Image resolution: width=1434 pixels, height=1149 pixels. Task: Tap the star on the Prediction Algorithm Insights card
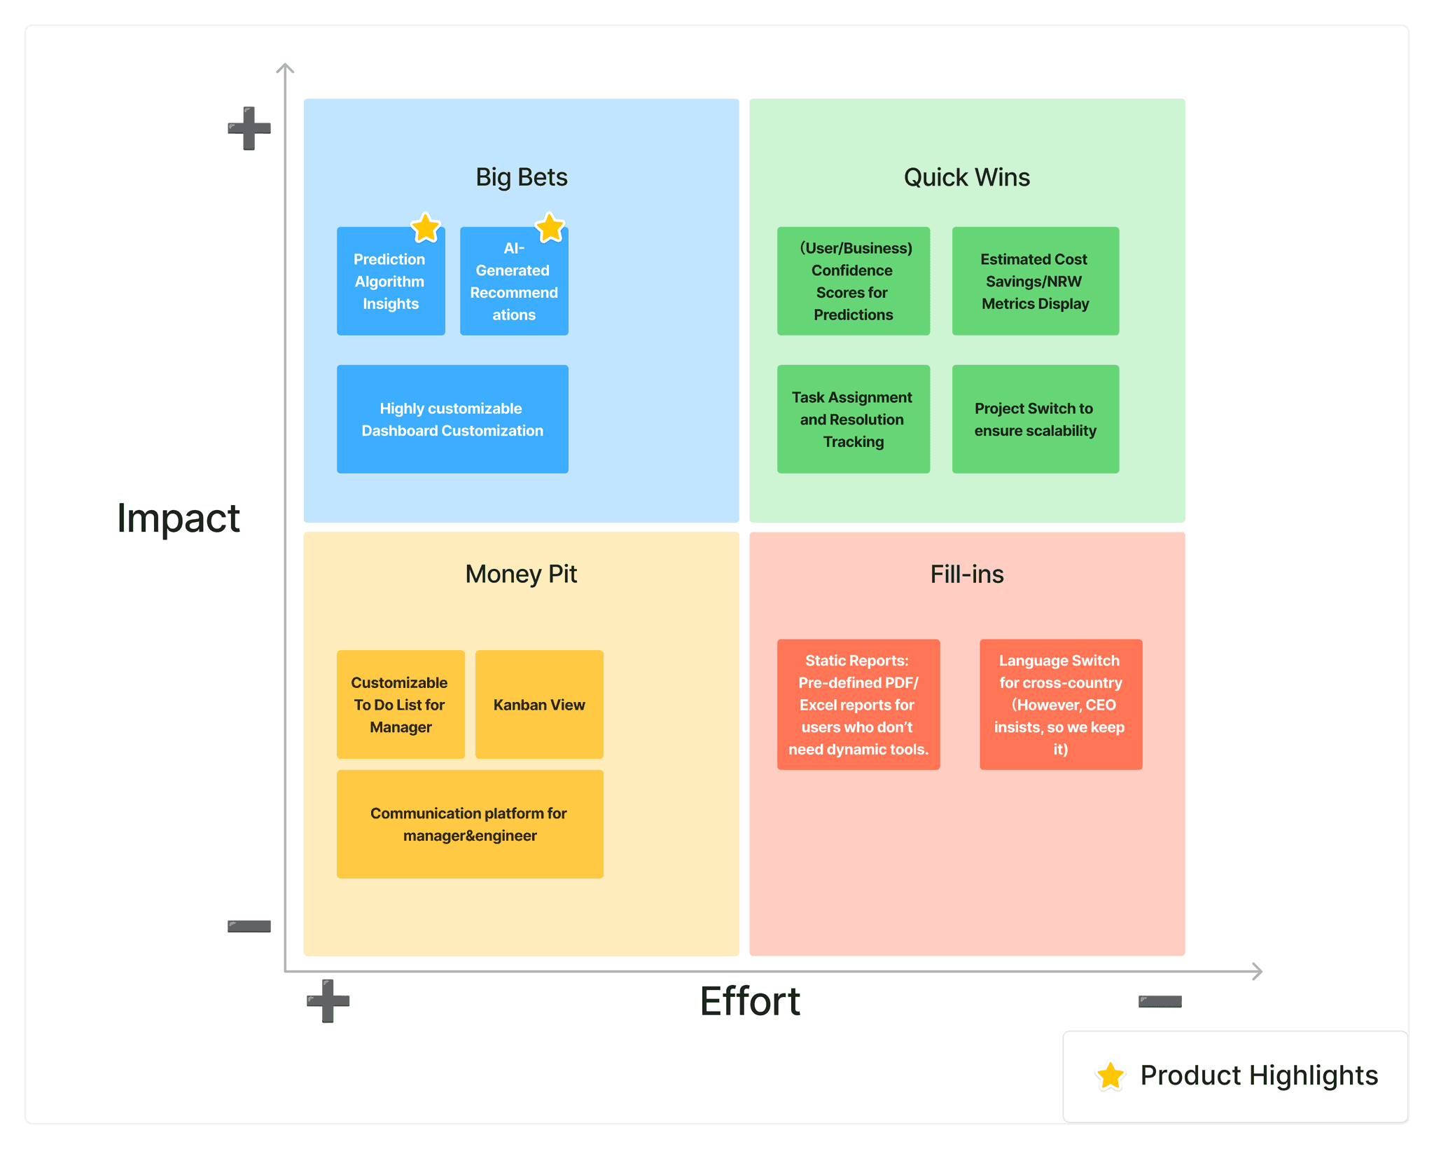(x=425, y=228)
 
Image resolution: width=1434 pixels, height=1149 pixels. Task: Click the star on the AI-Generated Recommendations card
(x=550, y=227)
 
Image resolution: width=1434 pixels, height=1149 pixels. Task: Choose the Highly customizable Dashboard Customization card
(x=452, y=419)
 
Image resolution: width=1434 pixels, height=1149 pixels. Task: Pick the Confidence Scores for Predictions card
(x=853, y=281)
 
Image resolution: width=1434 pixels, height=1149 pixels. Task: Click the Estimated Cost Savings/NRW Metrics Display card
(x=1035, y=281)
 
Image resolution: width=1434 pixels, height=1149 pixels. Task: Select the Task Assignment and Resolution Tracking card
(x=853, y=419)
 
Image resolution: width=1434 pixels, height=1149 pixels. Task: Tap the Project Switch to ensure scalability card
(x=1035, y=419)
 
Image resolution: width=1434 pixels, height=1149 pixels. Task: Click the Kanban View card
(x=539, y=704)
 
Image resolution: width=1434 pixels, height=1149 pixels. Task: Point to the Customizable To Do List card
(x=401, y=704)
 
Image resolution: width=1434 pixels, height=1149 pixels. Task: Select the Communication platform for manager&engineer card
(x=470, y=824)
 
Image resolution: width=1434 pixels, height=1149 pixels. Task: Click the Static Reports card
(x=858, y=704)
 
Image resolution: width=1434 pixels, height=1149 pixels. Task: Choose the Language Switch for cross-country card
(x=1060, y=704)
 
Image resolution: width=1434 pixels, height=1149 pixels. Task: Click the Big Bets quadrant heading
(x=522, y=177)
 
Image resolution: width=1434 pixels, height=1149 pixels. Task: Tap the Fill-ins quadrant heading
(x=966, y=574)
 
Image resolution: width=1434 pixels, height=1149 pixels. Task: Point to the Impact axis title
(x=179, y=518)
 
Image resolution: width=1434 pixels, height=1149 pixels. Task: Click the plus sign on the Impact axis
(x=249, y=128)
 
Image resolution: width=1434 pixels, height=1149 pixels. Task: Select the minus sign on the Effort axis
(x=1160, y=1001)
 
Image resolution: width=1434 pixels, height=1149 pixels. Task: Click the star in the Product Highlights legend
(x=1111, y=1075)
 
